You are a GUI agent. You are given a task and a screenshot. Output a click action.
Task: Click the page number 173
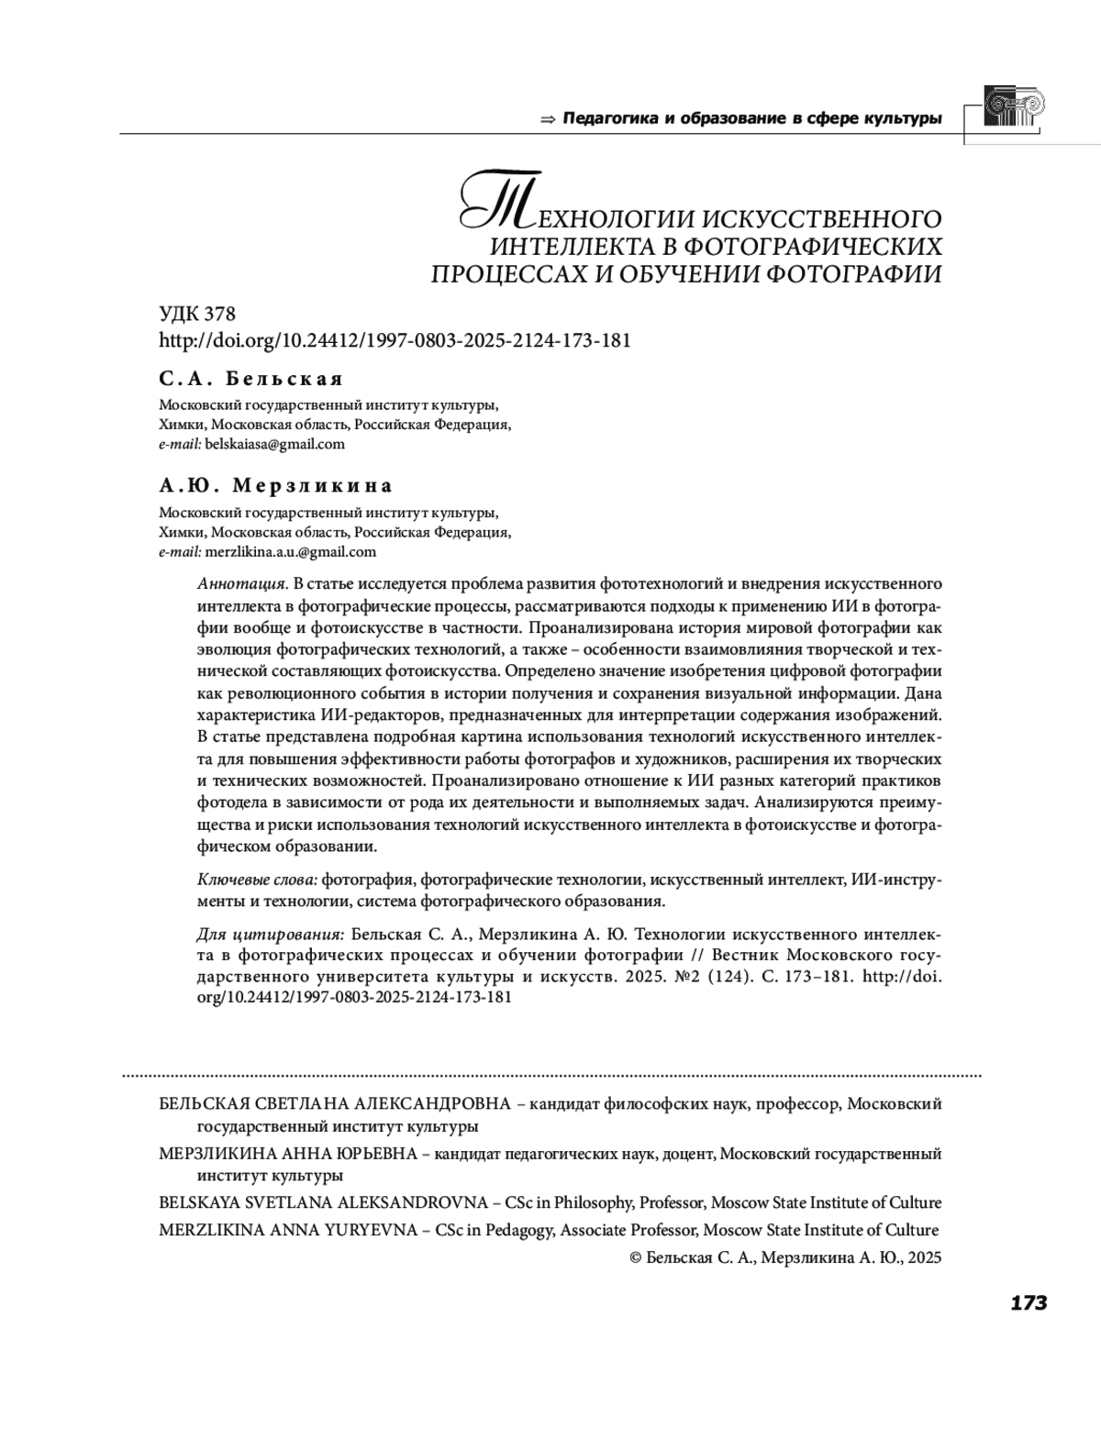[1029, 1303]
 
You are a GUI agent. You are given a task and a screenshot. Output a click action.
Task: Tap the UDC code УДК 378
[197, 315]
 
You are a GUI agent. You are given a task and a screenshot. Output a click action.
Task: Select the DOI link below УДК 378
[395, 340]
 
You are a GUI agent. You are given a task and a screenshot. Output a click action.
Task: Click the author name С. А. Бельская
[250, 379]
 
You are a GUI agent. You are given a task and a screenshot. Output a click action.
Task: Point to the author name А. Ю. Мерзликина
[275, 485]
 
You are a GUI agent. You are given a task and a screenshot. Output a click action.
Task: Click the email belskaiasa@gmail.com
[274, 444]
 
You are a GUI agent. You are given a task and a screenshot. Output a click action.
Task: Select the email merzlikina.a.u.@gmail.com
[291, 552]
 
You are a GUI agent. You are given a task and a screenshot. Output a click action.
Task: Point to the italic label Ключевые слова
[257, 880]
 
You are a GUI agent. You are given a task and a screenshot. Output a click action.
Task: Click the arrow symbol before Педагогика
[549, 119]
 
